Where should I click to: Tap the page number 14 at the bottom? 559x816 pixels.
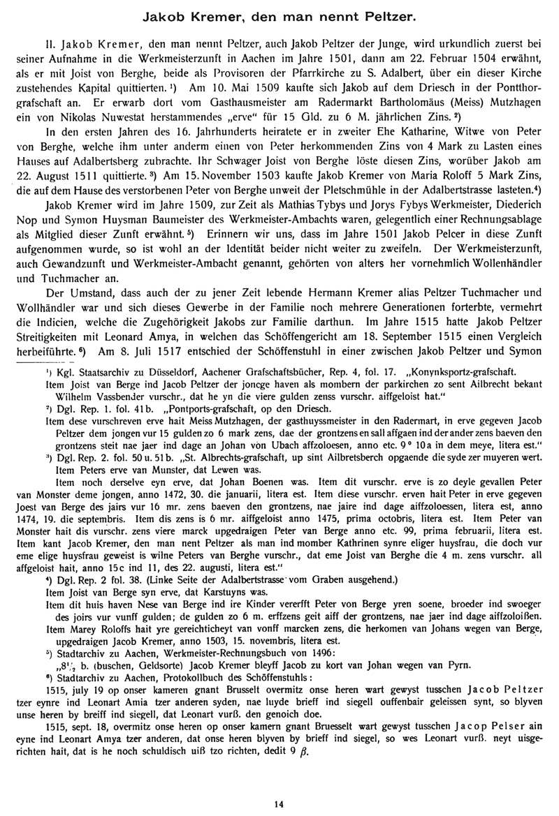point(279,805)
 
